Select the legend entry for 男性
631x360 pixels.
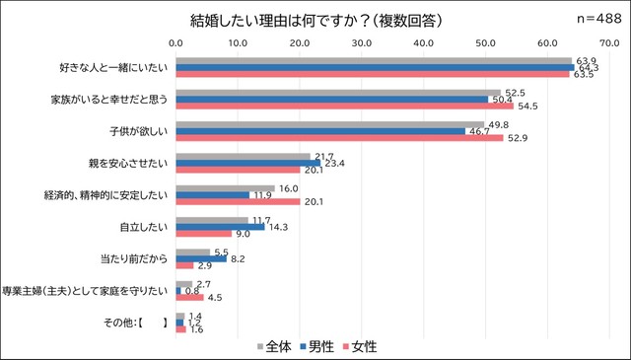click(315, 346)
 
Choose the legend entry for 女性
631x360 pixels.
click(359, 346)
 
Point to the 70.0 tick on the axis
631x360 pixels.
click(608, 42)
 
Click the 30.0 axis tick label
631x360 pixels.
click(361, 42)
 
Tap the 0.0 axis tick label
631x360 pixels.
click(175, 42)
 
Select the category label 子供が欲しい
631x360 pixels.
click(140, 130)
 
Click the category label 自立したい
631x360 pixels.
click(146, 225)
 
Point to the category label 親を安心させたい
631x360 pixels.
click(128, 162)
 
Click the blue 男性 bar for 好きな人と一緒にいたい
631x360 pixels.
click(375, 67)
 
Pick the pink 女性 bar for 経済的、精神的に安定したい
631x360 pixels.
click(238, 201)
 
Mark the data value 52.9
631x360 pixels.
click(518, 138)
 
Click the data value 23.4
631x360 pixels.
click(336, 163)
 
